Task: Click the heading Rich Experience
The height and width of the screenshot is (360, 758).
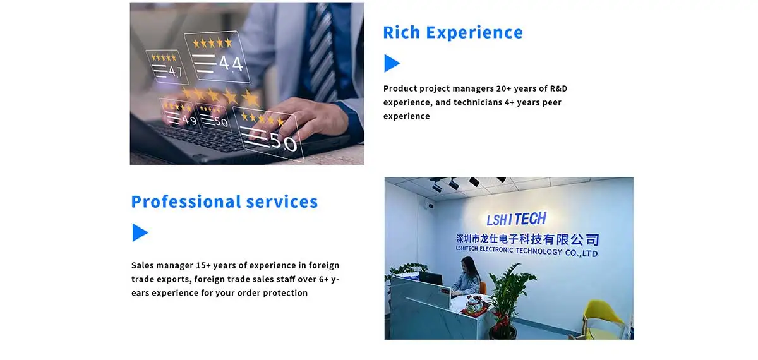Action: pos(453,32)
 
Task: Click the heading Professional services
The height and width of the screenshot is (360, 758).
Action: pos(224,201)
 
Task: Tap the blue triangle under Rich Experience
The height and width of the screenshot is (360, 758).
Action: pos(392,63)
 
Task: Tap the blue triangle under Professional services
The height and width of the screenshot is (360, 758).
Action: pos(140,232)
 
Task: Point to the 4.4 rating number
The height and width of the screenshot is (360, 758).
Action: pos(231,64)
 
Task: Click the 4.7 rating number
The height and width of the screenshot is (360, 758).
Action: pos(176,71)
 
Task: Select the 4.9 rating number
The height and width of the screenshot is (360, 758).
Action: pos(189,120)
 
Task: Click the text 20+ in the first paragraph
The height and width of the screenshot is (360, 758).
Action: pos(503,88)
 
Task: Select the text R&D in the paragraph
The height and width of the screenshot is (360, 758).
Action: pos(558,88)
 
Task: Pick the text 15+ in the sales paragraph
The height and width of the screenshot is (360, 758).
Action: pos(203,265)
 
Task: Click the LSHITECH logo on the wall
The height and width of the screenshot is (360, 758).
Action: pos(516,219)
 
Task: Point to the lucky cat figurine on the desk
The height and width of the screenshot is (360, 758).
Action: pos(475,304)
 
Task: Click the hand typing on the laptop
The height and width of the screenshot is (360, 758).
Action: pos(304,119)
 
